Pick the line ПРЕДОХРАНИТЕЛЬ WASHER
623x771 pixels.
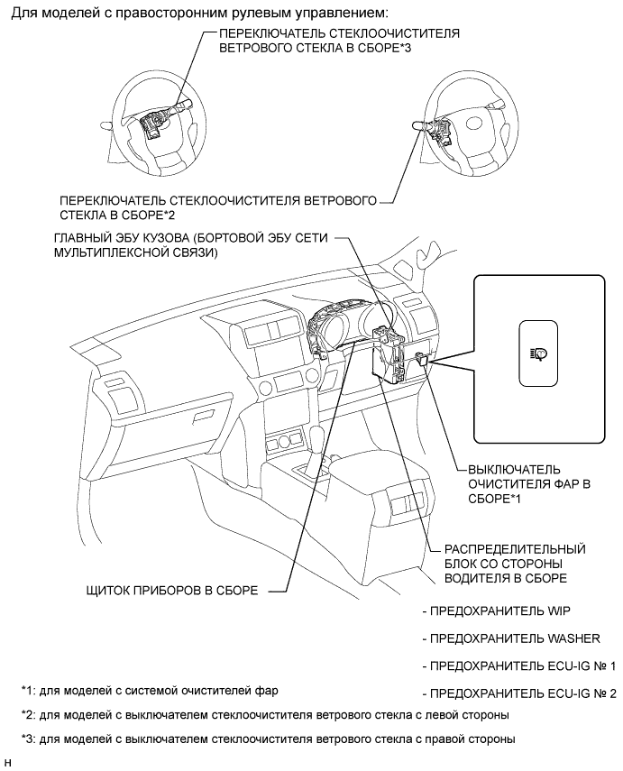point(510,638)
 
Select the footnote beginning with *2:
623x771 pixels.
point(267,715)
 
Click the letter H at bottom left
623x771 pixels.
point(7,764)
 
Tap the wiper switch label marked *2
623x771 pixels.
point(217,207)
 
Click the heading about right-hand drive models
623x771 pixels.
point(199,14)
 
